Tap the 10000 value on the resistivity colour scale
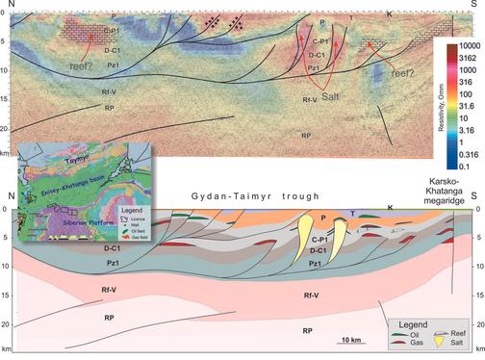pos(470,45)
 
